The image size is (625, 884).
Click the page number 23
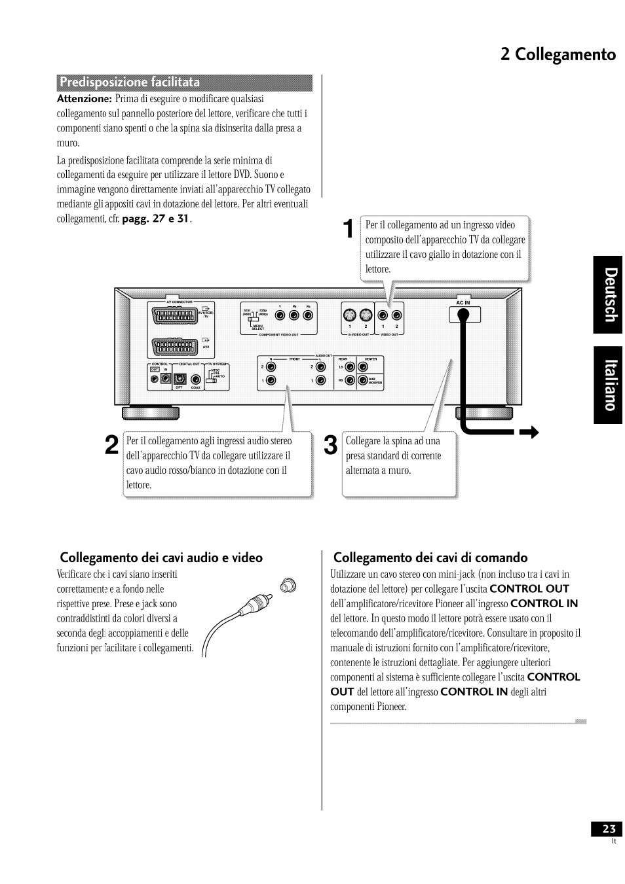[x=606, y=829]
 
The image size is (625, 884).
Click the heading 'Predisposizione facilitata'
[x=130, y=82]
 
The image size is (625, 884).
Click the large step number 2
[x=111, y=444]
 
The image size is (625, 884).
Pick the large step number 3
[x=331, y=445]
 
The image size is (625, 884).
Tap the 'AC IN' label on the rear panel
[x=463, y=303]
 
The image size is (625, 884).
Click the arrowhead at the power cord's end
[x=531, y=433]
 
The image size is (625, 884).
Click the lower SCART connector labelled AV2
[x=175, y=347]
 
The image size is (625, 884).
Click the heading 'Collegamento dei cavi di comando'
[x=430, y=557]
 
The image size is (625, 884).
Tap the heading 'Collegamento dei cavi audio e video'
[x=161, y=557]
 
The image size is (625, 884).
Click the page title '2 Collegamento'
[x=558, y=54]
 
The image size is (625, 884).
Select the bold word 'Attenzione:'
[x=85, y=99]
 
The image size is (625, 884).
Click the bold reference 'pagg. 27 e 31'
[x=156, y=219]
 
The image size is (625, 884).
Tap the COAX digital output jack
[x=195, y=379]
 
